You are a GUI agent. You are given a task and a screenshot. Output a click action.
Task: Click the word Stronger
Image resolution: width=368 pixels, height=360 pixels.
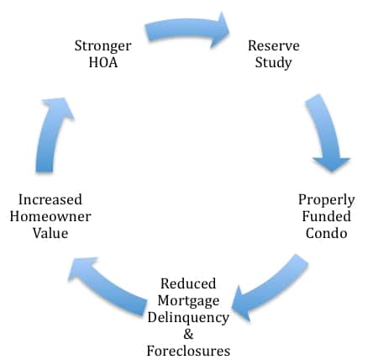(x=103, y=46)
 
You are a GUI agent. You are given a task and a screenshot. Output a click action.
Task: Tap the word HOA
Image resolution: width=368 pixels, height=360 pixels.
(x=103, y=62)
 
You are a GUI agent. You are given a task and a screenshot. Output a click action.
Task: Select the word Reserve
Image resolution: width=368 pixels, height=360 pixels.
(x=274, y=45)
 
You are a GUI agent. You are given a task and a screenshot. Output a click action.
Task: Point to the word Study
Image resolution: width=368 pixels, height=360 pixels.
(x=273, y=63)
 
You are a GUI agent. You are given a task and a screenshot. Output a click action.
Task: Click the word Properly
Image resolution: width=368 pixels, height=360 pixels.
(x=326, y=201)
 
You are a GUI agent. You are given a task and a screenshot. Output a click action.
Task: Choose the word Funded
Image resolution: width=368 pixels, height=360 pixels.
(x=326, y=216)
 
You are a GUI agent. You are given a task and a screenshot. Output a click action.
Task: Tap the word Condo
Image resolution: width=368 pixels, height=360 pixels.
(x=326, y=233)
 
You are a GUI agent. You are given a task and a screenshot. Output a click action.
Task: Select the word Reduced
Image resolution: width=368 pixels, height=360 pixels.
(x=188, y=283)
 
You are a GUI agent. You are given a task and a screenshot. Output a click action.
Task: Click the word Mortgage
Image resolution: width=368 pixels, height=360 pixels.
(x=188, y=301)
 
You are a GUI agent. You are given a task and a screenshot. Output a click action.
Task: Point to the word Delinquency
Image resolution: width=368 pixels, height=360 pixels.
(x=188, y=318)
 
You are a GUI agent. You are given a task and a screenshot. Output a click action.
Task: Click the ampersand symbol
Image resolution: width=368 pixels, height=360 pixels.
(x=188, y=334)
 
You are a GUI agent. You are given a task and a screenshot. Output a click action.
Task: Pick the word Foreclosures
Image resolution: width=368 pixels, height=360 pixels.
(x=188, y=351)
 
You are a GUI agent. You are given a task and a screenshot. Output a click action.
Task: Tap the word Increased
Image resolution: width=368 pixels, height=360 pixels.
(x=50, y=199)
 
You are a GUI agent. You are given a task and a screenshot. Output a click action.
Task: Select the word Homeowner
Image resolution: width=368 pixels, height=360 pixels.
(x=50, y=216)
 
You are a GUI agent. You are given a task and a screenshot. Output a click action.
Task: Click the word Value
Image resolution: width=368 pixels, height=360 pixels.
(x=50, y=233)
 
